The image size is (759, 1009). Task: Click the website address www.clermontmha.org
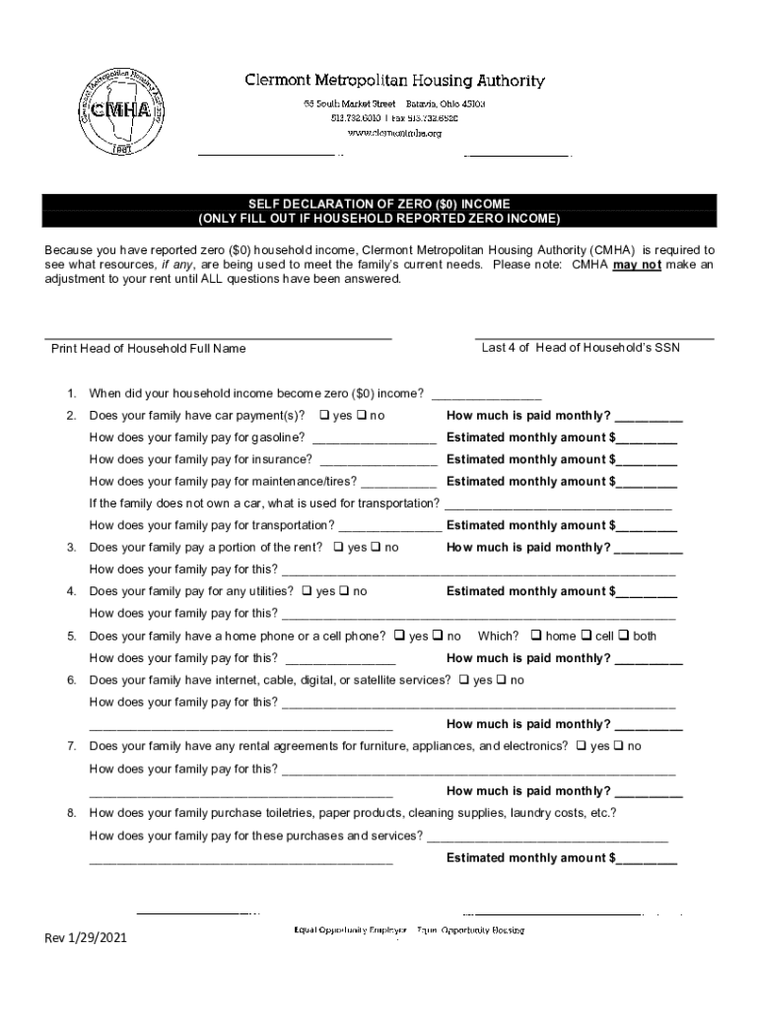(393, 133)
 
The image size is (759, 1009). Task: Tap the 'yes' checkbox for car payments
(324, 416)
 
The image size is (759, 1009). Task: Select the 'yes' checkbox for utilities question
(308, 592)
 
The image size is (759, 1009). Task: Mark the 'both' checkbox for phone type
(624, 637)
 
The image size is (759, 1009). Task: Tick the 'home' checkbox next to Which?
(537, 637)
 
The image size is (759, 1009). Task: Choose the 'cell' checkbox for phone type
(586, 637)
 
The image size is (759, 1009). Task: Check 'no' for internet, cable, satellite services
(502, 681)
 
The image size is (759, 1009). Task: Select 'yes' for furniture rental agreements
(582, 747)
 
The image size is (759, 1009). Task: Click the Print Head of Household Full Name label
(148, 349)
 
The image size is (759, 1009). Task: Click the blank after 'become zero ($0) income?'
(486, 395)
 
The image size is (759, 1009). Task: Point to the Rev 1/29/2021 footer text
(86, 938)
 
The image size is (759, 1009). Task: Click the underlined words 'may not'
(637, 265)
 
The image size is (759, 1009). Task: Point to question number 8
(71, 814)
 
